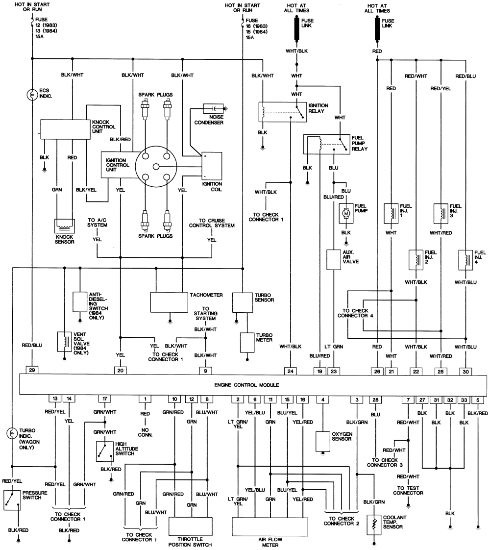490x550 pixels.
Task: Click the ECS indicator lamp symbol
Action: click(x=32, y=95)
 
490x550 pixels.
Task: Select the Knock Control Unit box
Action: click(x=65, y=130)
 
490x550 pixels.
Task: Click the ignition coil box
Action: click(x=212, y=166)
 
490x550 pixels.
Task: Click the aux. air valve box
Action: click(x=334, y=260)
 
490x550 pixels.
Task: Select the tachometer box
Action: click(x=169, y=302)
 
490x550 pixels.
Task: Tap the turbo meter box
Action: click(x=247, y=342)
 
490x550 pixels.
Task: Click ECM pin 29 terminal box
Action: click(x=32, y=370)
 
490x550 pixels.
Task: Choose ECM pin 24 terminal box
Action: click(x=290, y=371)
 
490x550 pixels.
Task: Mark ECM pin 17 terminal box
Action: click(x=104, y=399)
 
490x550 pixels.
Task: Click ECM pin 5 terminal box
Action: click(x=478, y=400)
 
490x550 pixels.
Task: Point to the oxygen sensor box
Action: click(x=323, y=441)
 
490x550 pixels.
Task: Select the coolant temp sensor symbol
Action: click(x=374, y=525)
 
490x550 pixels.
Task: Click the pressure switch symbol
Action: click(x=12, y=500)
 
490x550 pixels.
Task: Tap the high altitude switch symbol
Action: click(x=105, y=451)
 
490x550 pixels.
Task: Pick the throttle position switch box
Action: click(x=191, y=526)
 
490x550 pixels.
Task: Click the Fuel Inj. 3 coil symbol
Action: click(x=441, y=214)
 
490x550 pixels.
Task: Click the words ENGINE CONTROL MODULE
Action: click(x=247, y=385)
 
